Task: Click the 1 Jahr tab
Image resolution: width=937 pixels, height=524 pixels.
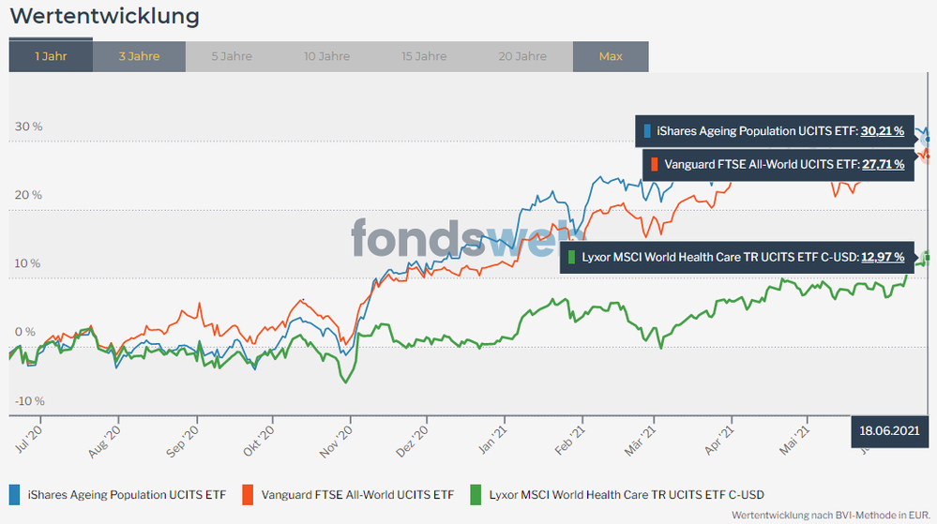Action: (x=51, y=56)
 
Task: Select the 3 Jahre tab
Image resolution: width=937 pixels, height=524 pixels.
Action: (x=139, y=56)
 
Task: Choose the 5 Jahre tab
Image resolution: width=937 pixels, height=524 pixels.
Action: (x=232, y=56)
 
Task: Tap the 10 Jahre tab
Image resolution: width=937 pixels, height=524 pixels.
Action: (x=326, y=56)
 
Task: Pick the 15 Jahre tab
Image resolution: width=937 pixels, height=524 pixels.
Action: (x=424, y=56)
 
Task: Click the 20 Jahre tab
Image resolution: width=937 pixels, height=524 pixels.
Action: (x=522, y=56)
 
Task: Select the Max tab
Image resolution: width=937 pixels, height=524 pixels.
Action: (x=611, y=56)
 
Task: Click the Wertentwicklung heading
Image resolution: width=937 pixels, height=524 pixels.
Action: (x=104, y=16)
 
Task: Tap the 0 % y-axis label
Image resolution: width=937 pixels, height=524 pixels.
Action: (x=26, y=333)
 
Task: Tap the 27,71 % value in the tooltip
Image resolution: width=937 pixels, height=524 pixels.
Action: (x=883, y=164)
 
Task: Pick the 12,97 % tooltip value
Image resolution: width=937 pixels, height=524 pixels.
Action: (x=884, y=256)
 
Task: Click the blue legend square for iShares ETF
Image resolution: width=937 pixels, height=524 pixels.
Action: (x=15, y=493)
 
